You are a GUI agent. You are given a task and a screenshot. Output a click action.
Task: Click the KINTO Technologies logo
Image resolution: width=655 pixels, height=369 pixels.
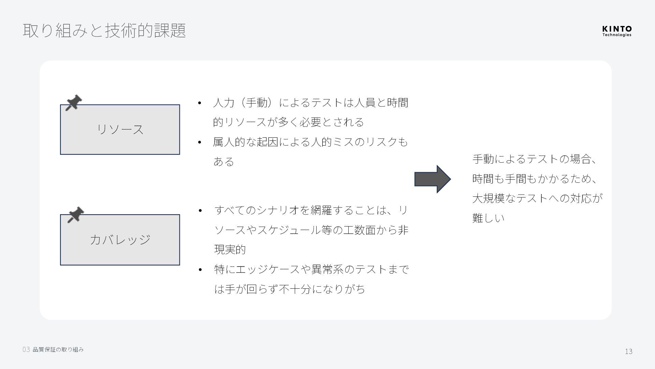616,31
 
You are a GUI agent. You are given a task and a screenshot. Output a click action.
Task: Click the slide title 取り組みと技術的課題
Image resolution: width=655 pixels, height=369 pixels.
104,30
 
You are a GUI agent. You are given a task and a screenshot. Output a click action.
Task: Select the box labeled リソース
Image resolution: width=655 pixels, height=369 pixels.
120,130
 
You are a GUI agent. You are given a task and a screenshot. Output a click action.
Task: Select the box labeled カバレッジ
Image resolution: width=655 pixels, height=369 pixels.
120,240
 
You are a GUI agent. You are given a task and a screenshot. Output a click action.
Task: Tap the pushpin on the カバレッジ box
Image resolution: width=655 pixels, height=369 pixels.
75,215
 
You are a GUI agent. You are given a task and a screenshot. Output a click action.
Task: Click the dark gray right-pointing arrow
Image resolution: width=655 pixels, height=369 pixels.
432,179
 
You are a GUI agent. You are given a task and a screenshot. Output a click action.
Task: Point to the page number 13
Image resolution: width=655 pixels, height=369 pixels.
628,351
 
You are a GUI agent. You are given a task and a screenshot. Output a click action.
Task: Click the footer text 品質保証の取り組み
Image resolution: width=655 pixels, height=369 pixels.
58,350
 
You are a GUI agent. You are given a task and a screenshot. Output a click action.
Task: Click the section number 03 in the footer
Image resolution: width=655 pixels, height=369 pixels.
26,350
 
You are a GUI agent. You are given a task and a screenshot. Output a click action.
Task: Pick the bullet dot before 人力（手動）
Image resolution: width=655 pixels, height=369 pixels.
200,103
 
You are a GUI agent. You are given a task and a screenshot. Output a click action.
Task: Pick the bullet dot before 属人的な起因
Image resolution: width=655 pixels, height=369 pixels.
200,142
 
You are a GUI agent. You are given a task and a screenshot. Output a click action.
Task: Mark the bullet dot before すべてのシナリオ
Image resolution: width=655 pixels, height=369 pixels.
200,210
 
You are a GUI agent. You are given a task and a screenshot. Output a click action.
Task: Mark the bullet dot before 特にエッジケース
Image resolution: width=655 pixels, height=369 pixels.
200,270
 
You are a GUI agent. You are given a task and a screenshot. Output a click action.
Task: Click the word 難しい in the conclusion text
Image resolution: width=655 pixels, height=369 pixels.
488,218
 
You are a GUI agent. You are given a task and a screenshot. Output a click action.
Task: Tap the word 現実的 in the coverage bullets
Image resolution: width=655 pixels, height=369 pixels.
230,250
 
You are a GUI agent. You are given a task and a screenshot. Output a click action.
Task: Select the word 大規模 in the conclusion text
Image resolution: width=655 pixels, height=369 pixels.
488,198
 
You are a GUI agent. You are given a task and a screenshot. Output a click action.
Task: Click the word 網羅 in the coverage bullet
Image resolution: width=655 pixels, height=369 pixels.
321,210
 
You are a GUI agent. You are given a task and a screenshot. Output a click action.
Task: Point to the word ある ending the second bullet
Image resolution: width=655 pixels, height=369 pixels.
223,162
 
